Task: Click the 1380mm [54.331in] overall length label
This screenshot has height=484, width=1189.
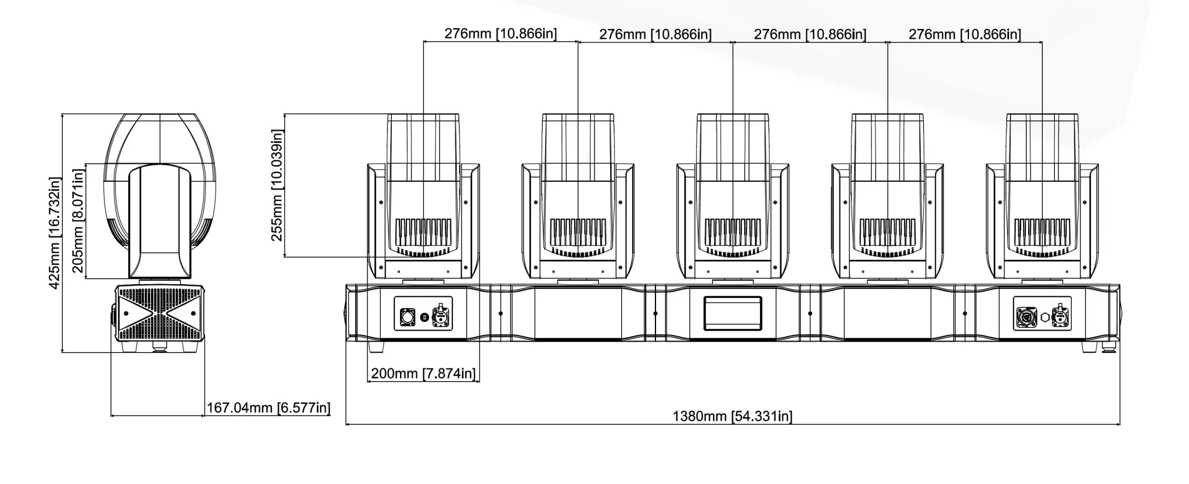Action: [732, 416]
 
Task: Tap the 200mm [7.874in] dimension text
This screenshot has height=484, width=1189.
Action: [423, 373]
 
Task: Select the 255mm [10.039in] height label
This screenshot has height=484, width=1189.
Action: [277, 185]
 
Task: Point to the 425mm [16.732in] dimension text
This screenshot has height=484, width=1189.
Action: [54, 233]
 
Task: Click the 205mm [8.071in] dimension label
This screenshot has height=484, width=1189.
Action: [78, 221]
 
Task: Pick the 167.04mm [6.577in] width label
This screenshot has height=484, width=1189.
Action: [268, 407]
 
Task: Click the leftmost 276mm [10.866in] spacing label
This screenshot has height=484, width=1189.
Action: [500, 34]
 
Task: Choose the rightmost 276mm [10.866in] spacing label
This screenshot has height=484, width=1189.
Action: [964, 34]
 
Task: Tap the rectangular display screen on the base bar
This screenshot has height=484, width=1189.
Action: [733, 314]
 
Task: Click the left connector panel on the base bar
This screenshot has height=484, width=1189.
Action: [423, 314]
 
